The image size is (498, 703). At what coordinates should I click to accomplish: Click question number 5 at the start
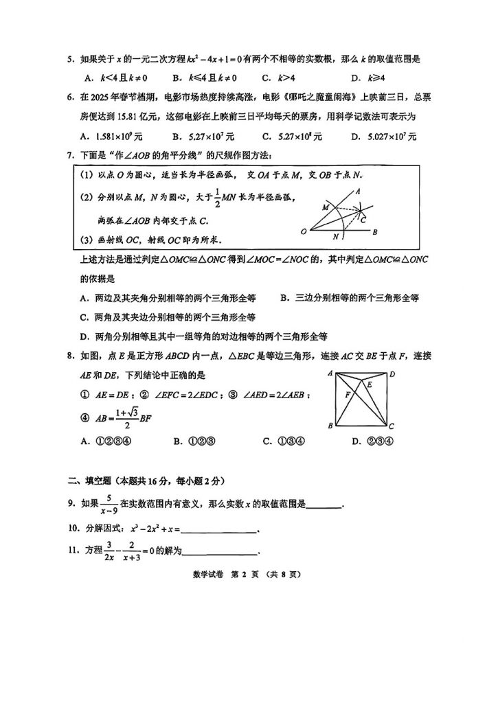pos(70,59)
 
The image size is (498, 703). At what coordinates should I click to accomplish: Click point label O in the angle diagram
pos(304,233)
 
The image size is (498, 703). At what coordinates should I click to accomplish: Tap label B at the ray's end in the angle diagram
pos(375,233)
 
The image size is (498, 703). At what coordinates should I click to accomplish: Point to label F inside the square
pos(348,394)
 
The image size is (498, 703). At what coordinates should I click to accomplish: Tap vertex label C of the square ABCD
pos(392,427)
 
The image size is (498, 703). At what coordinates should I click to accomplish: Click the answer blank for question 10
pos(219,529)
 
